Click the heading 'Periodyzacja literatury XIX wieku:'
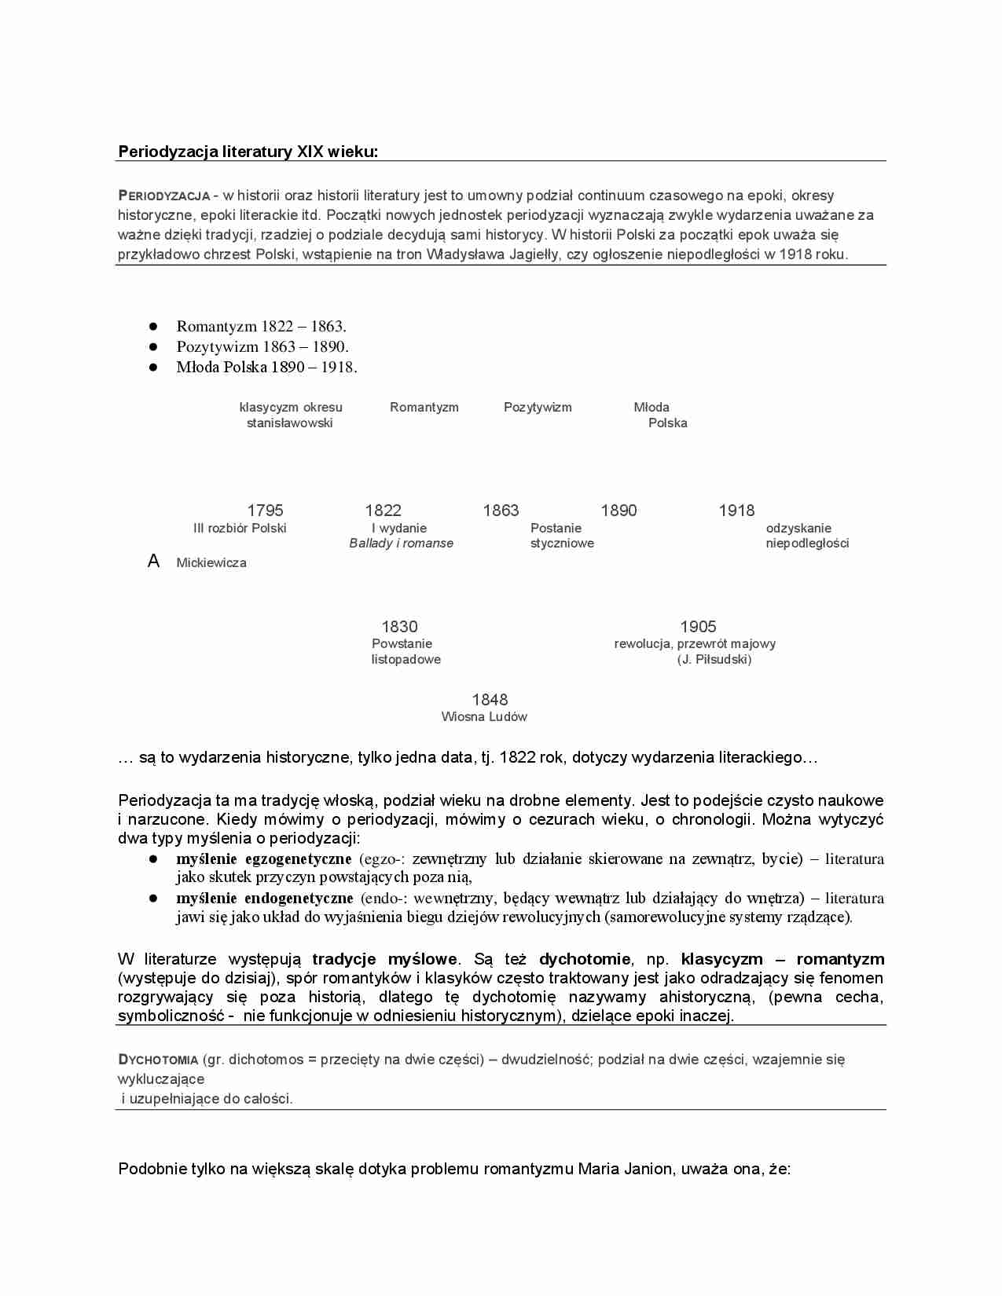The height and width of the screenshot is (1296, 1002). (248, 152)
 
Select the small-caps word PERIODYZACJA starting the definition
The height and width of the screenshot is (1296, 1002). (163, 196)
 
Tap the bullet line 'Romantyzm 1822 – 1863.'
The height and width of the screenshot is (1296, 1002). (261, 326)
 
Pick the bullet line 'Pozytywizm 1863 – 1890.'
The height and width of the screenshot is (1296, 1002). (262, 346)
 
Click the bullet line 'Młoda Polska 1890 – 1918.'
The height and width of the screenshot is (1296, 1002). (266, 367)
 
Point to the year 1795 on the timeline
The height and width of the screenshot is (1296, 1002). (265, 511)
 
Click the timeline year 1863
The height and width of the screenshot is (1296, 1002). (501, 511)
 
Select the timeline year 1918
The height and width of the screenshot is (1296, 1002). (736, 511)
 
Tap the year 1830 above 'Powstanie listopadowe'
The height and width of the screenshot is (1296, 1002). (399, 627)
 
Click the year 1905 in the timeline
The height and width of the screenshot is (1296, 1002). (698, 627)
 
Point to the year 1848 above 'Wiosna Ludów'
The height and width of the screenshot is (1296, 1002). (490, 700)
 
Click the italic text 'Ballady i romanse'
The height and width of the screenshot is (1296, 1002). (401, 544)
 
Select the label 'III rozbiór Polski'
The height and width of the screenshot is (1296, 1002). (240, 529)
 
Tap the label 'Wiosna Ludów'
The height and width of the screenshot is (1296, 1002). (484, 717)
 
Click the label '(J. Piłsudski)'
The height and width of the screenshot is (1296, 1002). (714, 660)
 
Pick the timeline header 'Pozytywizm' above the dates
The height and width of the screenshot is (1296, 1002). (538, 407)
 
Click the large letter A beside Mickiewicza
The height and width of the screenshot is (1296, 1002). (154, 561)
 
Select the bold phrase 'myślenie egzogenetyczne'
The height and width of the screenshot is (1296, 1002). (263, 859)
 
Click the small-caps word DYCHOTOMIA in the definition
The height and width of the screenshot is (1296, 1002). (158, 1060)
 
